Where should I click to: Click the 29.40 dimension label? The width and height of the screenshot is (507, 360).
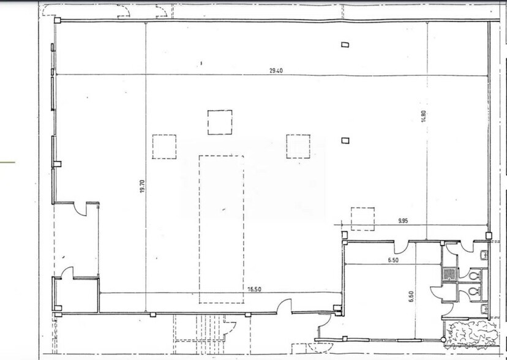click(x=275, y=70)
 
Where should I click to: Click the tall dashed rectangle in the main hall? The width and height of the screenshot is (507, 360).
click(x=221, y=228)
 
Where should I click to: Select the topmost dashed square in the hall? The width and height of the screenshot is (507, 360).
click(x=220, y=122)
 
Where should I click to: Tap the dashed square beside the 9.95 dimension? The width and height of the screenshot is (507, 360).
click(x=362, y=219)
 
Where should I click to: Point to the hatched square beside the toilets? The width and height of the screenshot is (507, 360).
click(x=449, y=274)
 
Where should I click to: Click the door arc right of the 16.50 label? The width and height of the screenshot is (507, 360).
click(x=284, y=306)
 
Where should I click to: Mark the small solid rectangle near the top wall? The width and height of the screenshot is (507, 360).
click(x=345, y=44)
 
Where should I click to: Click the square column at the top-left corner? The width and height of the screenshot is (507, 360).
click(x=57, y=21)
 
